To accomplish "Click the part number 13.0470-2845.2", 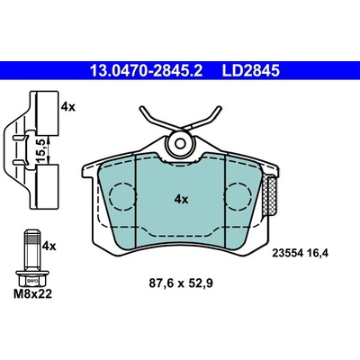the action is pyautogui.click(x=147, y=71).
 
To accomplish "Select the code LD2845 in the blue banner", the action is pyautogui.click(x=251, y=71).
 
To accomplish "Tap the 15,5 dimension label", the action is pyautogui.click(x=41, y=151).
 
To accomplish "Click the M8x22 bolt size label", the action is pyautogui.click(x=32, y=293).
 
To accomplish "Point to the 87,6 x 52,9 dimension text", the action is pyautogui.click(x=181, y=283).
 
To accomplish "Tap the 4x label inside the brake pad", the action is pyautogui.click(x=181, y=199).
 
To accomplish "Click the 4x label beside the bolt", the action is pyautogui.click(x=49, y=247).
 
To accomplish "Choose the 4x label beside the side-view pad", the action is pyautogui.click(x=68, y=107).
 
